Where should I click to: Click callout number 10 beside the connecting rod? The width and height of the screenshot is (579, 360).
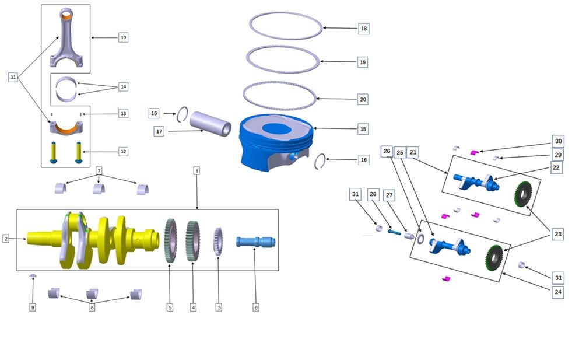click(122, 37)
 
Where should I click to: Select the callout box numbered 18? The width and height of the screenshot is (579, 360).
click(363, 29)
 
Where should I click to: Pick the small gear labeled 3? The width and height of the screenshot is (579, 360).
click(219, 240)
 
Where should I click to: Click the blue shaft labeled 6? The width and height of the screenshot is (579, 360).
click(255, 242)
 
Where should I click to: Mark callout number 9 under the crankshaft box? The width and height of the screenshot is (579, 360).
click(33, 307)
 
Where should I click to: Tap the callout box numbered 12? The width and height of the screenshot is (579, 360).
click(122, 151)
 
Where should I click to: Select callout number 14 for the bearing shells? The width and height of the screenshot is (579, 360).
click(122, 86)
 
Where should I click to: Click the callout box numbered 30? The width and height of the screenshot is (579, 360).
click(558, 142)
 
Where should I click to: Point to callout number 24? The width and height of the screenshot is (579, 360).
click(558, 292)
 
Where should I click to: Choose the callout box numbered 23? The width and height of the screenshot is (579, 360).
click(558, 234)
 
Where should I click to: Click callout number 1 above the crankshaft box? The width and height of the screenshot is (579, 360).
click(197, 171)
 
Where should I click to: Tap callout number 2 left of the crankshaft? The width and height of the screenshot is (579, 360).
click(6, 239)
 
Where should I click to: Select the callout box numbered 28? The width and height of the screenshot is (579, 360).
click(373, 193)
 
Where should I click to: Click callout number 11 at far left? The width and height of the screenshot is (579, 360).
click(13, 77)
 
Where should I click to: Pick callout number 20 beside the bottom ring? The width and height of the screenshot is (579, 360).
click(363, 100)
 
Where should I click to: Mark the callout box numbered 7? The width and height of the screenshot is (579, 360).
click(99, 171)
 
